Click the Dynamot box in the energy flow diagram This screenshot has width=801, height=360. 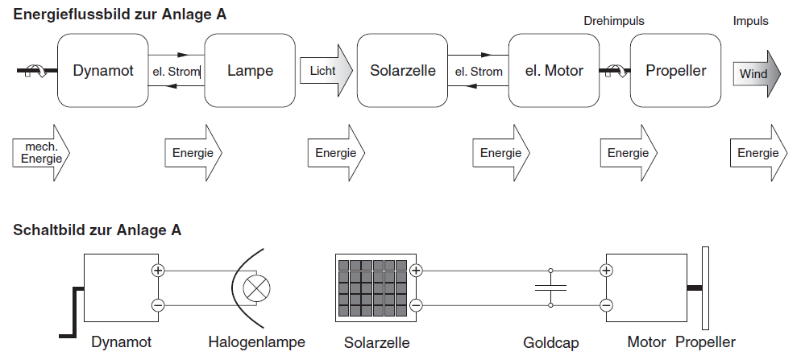click(103, 71)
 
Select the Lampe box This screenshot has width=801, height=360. click(250, 71)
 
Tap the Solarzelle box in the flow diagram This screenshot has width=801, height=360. click(402, 71)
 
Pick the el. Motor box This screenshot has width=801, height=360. click(554, 71)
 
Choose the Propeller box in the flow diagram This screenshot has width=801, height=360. click(675, 71)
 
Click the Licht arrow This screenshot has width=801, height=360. click(326, 71)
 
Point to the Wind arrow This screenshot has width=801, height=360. click(756, 74)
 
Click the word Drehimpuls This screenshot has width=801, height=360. click(614, 21)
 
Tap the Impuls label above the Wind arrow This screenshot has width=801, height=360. click(750, 21)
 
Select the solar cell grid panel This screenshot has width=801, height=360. click(371, 288)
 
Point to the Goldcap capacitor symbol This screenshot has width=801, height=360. click(550, 288)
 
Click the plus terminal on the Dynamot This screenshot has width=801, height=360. click(158, 271)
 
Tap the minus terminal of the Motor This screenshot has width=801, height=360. click(606, 305)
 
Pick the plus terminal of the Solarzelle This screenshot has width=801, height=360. click(416, 271)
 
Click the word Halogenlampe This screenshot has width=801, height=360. click(256, 342)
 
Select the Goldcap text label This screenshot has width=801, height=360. click(551, 342)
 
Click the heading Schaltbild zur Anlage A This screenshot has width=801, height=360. click(97, 230)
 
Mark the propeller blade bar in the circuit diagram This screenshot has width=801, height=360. click(705, 288)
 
